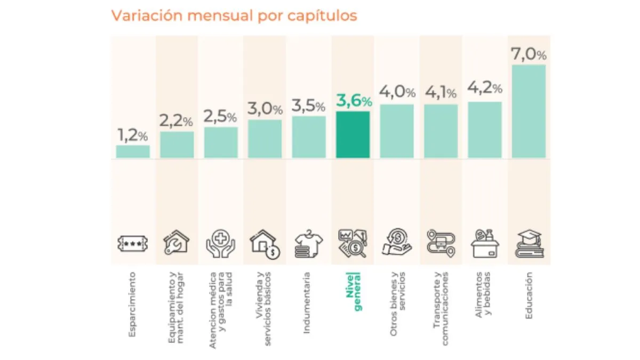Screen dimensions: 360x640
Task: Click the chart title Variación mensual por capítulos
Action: [x=234, y=15]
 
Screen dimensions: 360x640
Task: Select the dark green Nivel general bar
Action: [x=353, y=135]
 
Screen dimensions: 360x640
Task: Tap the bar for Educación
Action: [x=529, y=111]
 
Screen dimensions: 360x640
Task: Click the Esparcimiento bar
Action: [x=133, y=152]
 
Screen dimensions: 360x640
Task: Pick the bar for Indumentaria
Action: [x=309, y=137]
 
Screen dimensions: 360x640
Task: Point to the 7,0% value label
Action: [x=529, y=54]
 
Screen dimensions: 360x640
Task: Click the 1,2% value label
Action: [x=133, y=135]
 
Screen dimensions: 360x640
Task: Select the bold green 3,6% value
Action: [x=353, y=101]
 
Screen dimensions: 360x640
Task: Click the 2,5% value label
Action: [x=221, y=117]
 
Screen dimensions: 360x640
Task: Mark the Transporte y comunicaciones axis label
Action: [x=441, y=308]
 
